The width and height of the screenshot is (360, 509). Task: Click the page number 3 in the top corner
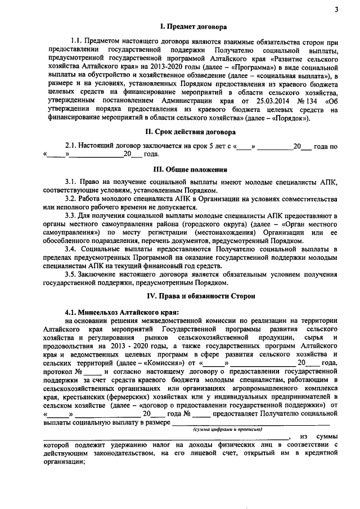click(335, 10)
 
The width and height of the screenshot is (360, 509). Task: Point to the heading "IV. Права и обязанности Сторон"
click(193, 295)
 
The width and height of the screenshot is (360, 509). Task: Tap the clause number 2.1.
click(71, 146)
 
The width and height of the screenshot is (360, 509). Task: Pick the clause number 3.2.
click(71, 199)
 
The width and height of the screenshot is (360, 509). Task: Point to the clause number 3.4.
click(71, 248)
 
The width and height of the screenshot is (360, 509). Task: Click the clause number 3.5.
click(71, 273)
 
